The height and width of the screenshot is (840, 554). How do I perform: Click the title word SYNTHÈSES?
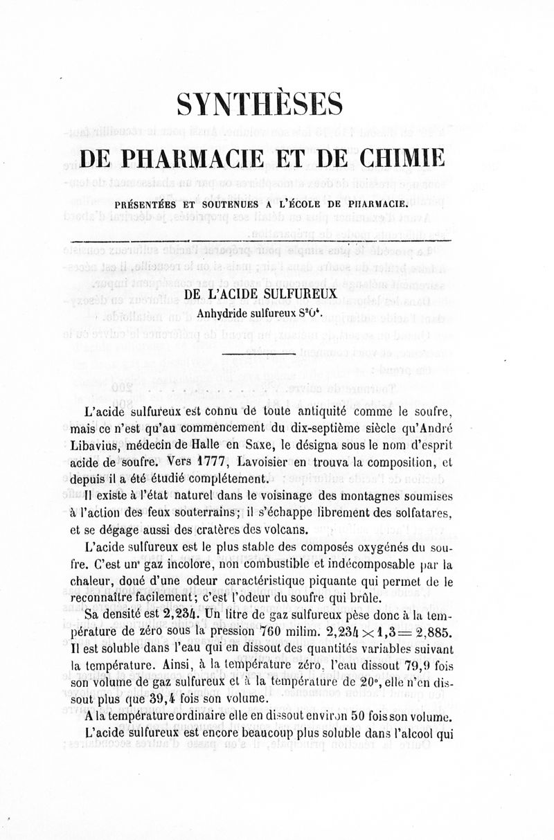[260, 105]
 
